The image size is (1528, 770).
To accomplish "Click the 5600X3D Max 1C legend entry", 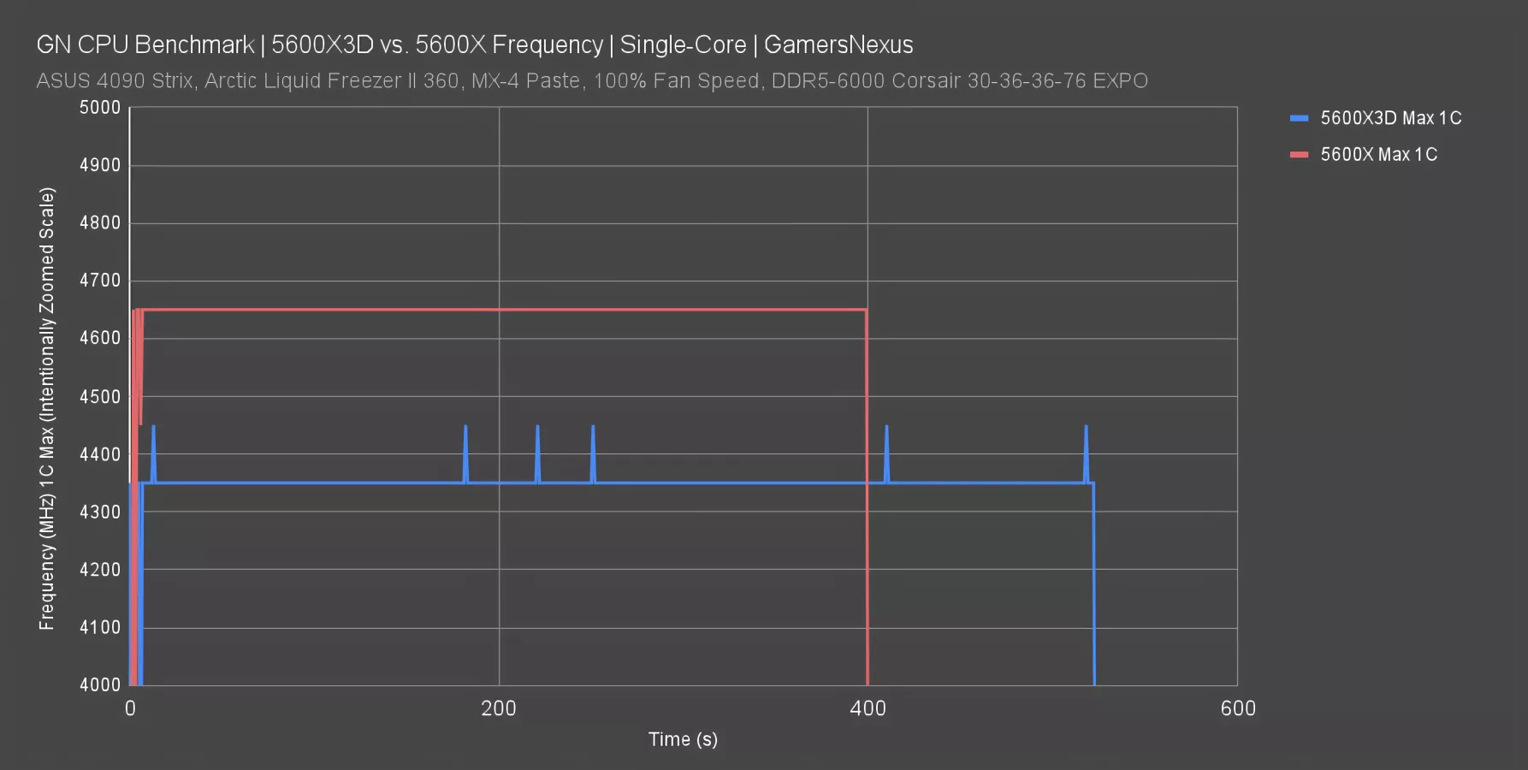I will tap(1389, 118).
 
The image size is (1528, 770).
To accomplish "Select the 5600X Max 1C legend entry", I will tap(1377, 155).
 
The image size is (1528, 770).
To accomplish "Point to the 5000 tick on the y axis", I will tap(100, 108).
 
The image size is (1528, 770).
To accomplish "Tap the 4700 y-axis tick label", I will tap(100, 281).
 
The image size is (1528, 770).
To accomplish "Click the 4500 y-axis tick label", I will tap(100, 396).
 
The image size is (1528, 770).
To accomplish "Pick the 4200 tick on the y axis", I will tap(100, 570).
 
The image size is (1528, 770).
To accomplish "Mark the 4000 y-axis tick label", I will tap(100, 684).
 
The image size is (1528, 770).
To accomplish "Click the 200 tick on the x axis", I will tap(499, 708).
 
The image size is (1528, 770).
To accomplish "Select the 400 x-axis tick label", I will tap(868, 708).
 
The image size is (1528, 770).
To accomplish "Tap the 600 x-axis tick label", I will tap(1237, 708).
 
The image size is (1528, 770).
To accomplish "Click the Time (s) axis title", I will tap(683, 739).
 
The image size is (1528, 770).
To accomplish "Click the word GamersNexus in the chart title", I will tap(838, 44).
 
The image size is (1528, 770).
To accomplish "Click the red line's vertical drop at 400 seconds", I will tap(868, 513).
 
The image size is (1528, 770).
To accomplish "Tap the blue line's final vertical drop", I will tap(1094, 590).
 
